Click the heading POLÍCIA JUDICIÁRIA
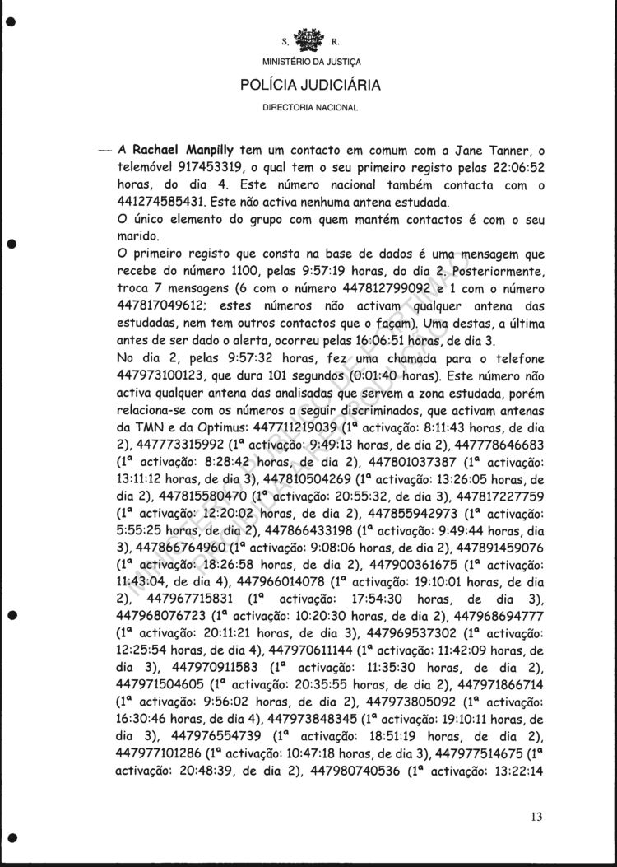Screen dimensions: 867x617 [308, 84]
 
